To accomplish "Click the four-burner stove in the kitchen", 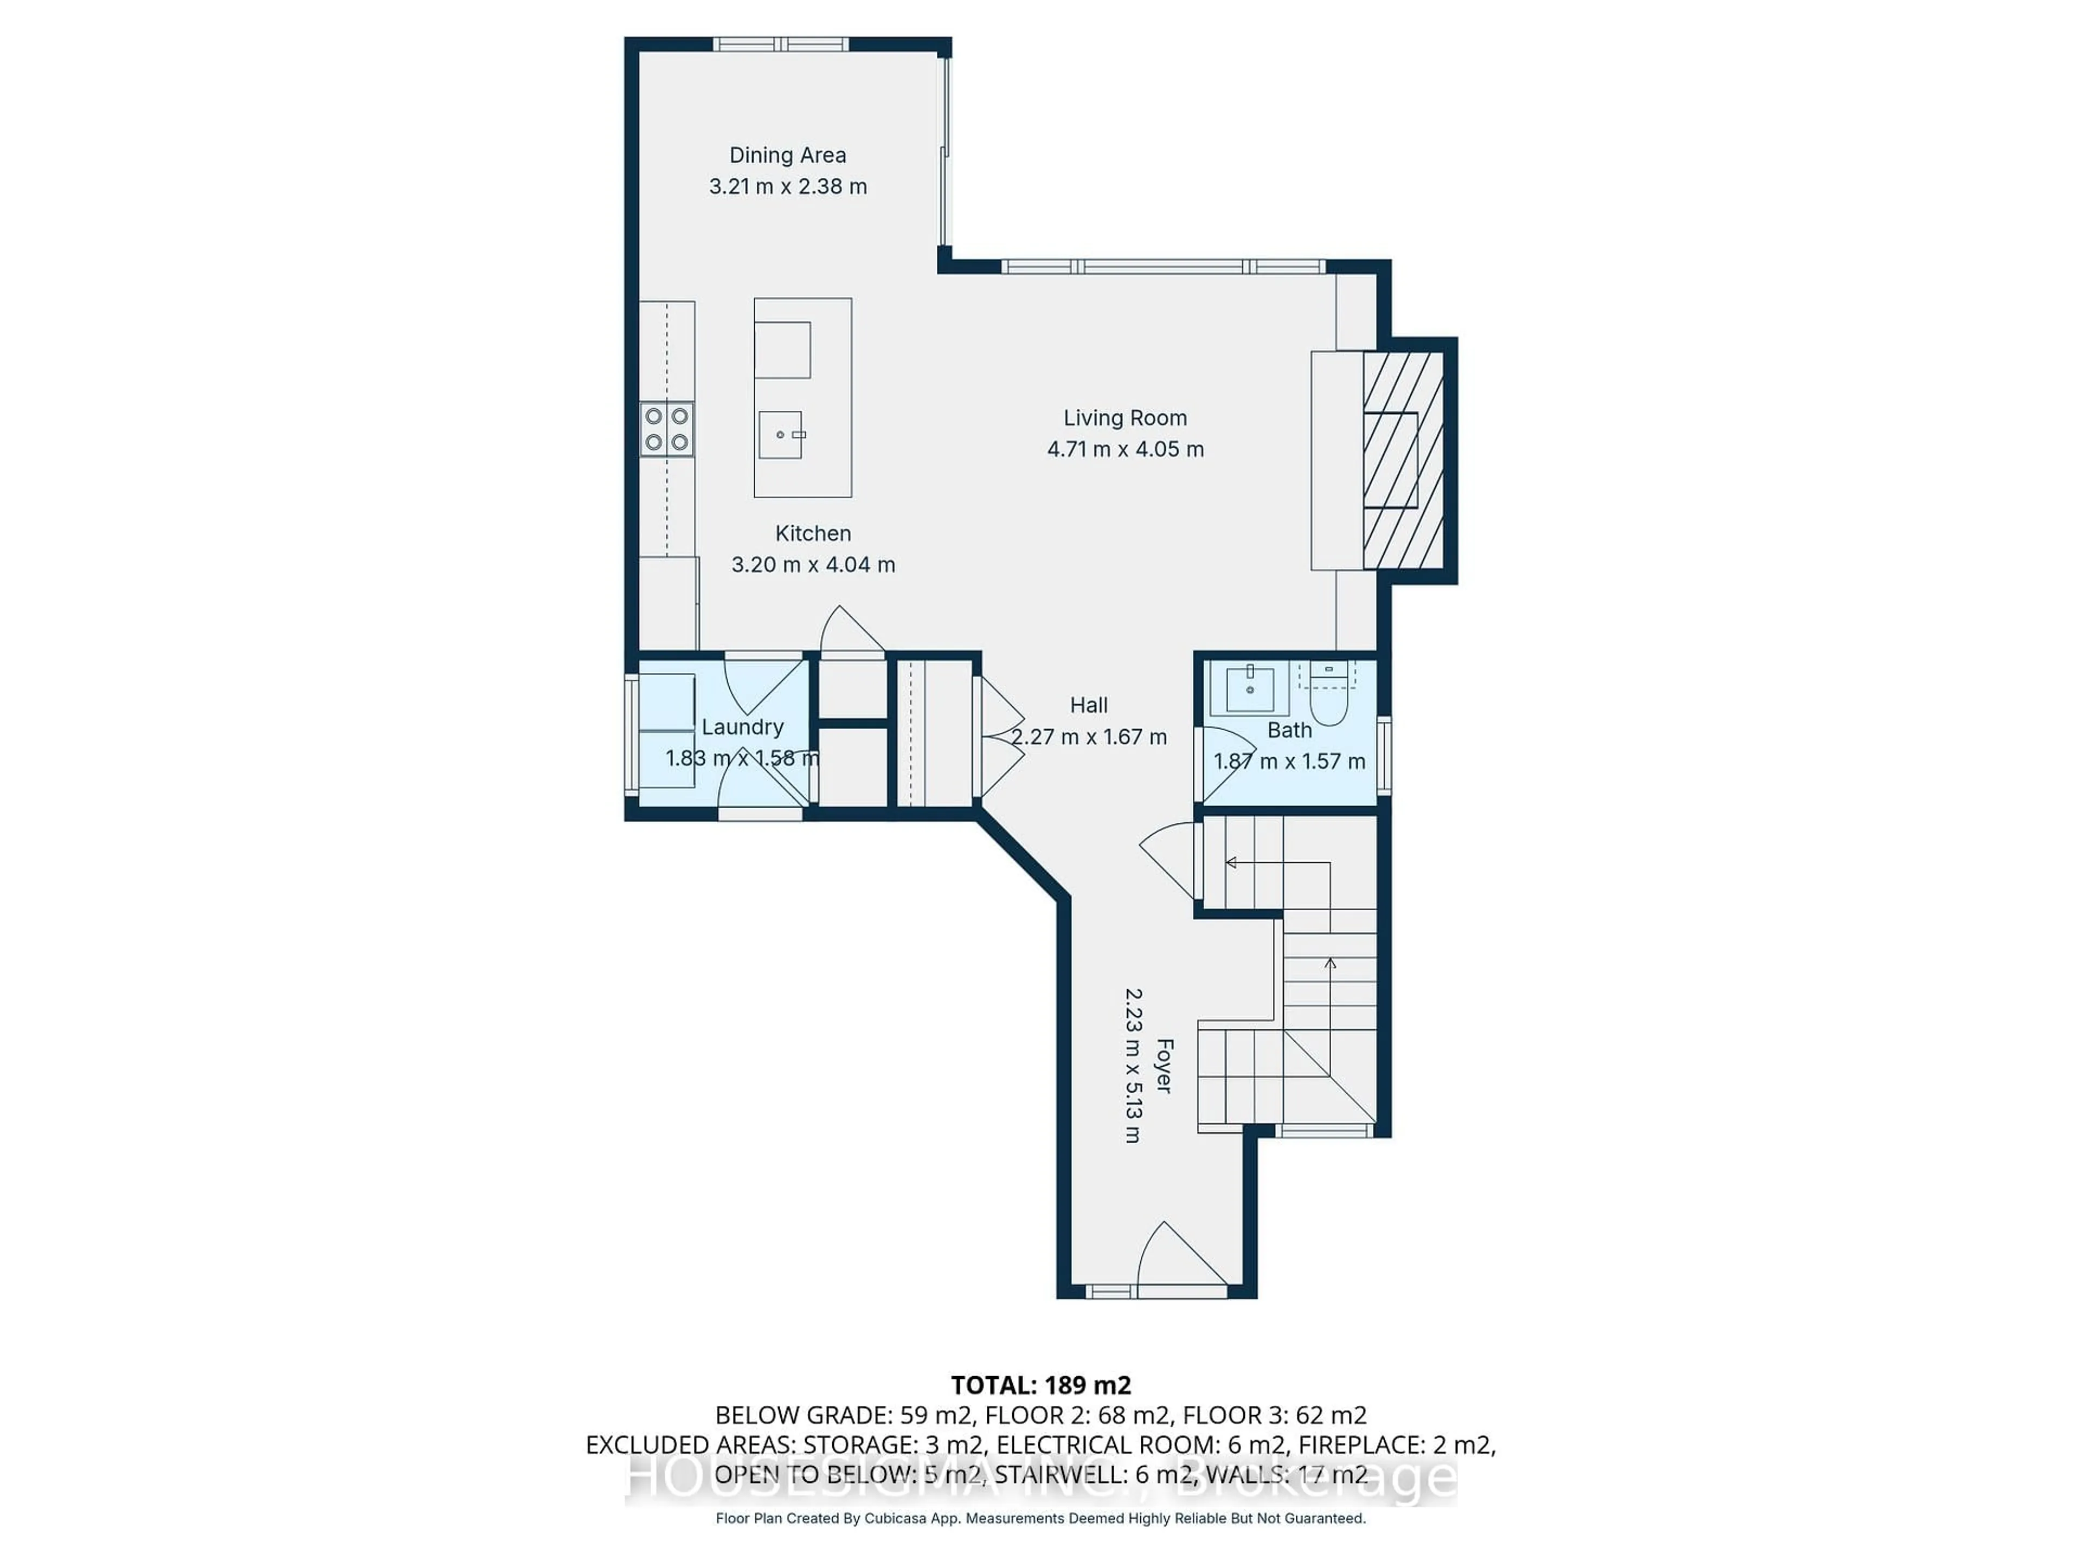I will (x=666, y=429).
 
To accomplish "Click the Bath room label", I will (x=1289, y=730).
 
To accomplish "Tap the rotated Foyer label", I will (x=1164, y=1065).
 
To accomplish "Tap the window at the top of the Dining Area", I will (x=780, y=44).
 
